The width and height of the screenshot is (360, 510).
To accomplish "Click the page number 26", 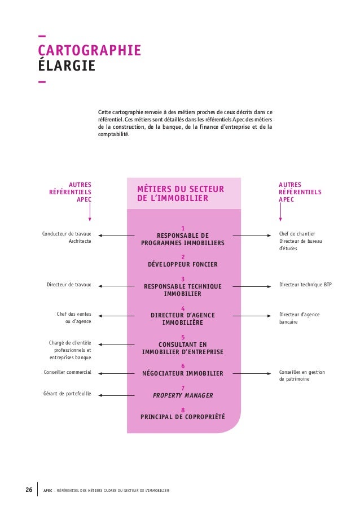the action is pyautogui.click(x=28, y=489).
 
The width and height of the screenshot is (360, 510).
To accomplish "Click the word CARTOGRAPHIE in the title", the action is pyautogui.click(x=89, y=51).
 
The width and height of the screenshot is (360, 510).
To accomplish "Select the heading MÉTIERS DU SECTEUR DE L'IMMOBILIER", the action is pyautogui.click(x=181, y=194).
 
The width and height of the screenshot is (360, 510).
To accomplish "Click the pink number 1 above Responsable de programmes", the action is pyautogui.click(x=183, y=228).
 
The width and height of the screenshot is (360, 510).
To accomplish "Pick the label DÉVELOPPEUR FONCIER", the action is pyautogui.click(x=183, y=264).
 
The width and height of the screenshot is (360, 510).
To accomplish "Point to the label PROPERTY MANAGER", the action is pyautogui.click(x=183, y=395).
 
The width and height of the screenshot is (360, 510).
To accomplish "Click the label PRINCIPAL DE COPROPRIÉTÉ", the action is pyautogui.click(x=183, y=417).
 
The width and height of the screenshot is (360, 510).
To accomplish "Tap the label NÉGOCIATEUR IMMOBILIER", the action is pyautogui.click(x=183, y=373).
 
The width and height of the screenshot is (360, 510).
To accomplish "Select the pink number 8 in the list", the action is pyautogui.click(x=183, y=409).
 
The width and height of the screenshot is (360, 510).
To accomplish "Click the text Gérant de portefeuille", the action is pyautogui.click(x=67, y=394).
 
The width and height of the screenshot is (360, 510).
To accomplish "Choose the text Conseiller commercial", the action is pyautogui.click(x=68, y=373).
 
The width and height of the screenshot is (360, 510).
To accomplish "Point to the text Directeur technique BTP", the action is pyautogui.click(x=306, y=285).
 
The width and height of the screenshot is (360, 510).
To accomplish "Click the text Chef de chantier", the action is pyautogui.click(x=297, y=234).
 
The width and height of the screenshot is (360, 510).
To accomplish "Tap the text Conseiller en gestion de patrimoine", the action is pyautogui.click(x=302, y=376).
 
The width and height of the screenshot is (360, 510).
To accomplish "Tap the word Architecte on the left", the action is pyautogui.click(x=80, y=242).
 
